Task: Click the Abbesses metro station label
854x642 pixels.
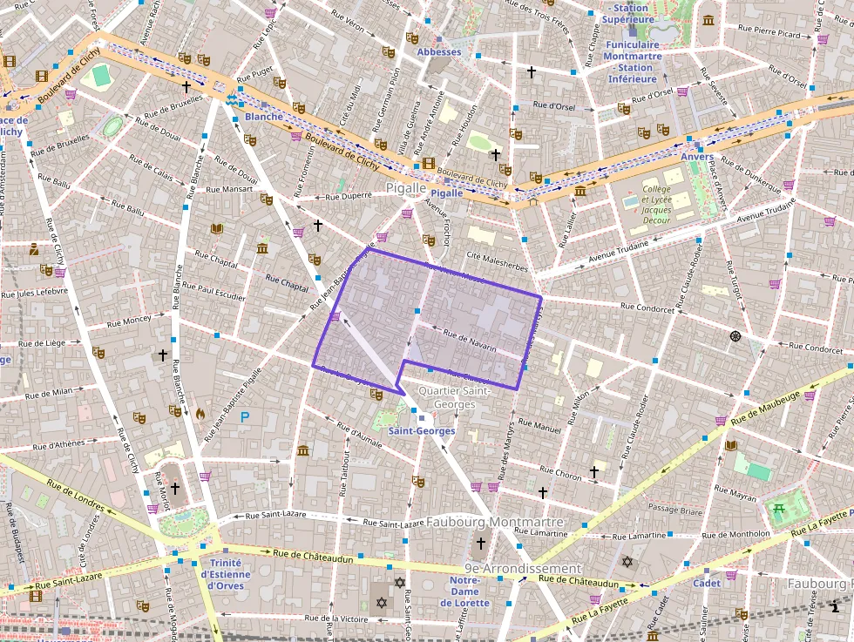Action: (439, 52)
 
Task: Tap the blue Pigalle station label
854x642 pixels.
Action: (447, 193)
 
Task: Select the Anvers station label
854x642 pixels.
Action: (697, 158)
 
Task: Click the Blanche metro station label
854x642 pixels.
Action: (264, 117)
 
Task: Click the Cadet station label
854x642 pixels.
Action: (706, 584)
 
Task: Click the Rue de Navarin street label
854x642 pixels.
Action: (469, 340)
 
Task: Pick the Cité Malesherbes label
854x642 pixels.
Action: (498, 256)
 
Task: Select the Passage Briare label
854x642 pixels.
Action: (674, 510)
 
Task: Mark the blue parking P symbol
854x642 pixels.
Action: (245, 418)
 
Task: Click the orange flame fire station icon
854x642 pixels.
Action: (200, 415)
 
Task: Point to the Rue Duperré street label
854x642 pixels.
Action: (349, 196)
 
